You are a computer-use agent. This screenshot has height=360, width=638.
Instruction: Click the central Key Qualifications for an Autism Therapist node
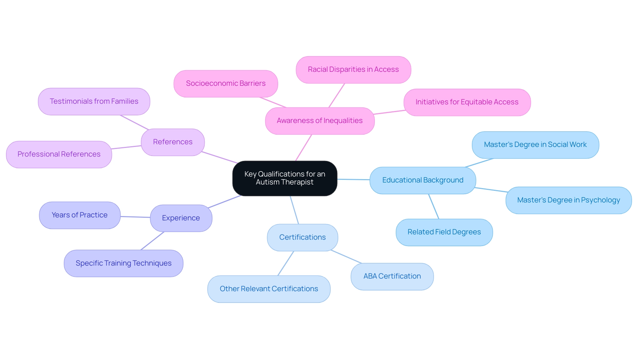tap(285, 178)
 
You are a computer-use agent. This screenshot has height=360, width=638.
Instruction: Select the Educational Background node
tap(423, 180)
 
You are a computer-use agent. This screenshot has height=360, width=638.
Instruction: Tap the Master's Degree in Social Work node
tap(535, 145)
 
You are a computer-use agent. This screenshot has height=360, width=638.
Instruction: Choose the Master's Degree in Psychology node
tap(569, 200)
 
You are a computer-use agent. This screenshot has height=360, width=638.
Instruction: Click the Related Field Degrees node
tap(444, 232)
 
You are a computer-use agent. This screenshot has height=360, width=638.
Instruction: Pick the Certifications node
tap(302, 237)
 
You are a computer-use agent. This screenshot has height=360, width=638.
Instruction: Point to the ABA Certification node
tap(392, 276)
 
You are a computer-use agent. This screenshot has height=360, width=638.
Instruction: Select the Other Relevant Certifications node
tap(269, 289)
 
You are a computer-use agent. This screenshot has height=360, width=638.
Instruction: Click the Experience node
tap(181, 218)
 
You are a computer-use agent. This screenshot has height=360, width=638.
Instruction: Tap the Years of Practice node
tap(80, 215)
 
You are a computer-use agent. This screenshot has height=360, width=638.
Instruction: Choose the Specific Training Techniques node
tap(124, 263)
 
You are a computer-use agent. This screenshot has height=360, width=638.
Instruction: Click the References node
tap(173, 142)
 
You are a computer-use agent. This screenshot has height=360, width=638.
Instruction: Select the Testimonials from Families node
tap(94, 101)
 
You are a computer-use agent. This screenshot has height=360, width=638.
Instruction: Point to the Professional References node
tap(59, 154)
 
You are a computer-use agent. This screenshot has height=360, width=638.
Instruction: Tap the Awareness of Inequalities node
tap(320, 121)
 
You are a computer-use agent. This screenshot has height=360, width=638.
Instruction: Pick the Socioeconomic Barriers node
tap(226, 83)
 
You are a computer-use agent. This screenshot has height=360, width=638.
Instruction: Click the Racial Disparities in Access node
tap(353, 69)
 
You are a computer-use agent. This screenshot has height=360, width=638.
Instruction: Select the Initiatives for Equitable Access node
tap(467, 102)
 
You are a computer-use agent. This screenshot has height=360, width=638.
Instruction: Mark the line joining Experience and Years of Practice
tap(135, 217)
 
